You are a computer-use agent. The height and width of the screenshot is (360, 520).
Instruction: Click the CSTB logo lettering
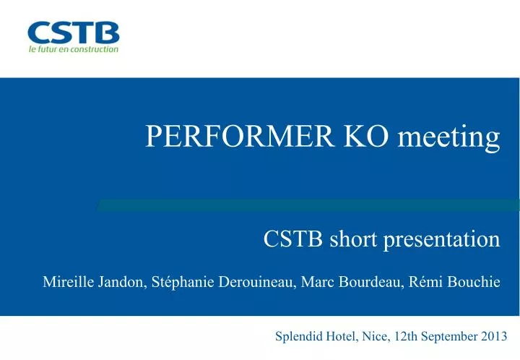(x=74, y=33)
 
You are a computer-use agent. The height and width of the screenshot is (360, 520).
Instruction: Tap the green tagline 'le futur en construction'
(x=74, y=49)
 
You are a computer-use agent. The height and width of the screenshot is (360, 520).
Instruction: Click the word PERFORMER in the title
(x=240, y=136)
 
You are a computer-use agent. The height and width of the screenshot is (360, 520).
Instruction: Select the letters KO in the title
(x=365, y=136)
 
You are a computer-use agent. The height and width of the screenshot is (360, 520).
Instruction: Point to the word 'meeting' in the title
(x=448, y=138)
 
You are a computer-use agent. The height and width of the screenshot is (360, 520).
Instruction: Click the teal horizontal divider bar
(x=308, y=205)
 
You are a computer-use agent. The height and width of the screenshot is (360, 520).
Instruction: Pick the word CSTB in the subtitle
(x=292, y=239)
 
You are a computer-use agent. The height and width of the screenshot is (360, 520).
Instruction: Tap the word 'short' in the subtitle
(x=353, y=239)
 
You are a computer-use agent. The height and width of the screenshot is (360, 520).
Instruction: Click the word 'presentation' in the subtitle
(x=442, y=240)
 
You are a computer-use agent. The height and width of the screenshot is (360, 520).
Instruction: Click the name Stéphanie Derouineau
(x=223, y=282)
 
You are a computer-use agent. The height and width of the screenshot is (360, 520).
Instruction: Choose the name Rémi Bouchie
(x=454, y=282)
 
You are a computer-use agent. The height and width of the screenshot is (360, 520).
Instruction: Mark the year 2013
(x=494, y=336)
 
